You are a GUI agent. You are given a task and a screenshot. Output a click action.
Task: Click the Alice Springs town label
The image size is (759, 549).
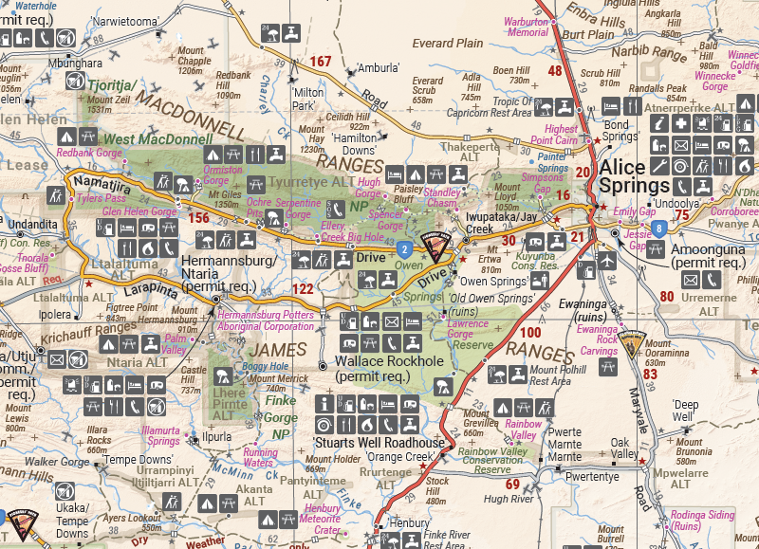[x=639, y=177]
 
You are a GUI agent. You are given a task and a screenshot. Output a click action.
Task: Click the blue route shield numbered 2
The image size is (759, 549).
[x=404, y=249]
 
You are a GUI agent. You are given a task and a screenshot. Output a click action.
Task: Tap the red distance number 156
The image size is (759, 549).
[x=198, y=217]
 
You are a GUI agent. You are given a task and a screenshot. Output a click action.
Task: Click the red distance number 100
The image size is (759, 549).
[x=530, y=332]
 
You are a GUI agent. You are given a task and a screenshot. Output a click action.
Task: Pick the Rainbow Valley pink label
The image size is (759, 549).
[x=523, y=430]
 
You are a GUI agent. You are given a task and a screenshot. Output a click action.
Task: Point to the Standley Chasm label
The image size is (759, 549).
[x=442, y=197]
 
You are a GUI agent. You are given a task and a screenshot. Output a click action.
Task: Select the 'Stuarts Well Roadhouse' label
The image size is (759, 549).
[x=379, y=443]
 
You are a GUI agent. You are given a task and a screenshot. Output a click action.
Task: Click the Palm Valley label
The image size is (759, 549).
[x=175, y=343]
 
